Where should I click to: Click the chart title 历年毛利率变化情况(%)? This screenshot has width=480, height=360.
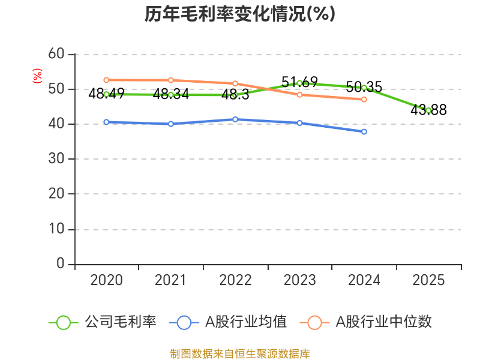pos(239,14)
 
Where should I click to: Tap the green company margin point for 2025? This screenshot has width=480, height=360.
pos(428,110)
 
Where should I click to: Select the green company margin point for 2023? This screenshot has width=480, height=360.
pos(299,83)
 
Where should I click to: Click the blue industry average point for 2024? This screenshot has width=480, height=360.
pos(364,131)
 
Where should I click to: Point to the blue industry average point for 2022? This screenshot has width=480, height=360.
pos(235,119)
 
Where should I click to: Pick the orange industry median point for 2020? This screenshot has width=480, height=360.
pos(106,80)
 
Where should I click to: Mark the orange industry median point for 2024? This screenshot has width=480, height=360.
pos(364,100)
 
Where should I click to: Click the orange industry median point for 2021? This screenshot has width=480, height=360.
pos(171,80)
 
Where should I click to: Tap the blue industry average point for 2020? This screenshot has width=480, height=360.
pos(106,122)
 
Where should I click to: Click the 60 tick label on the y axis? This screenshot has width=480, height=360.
pos(56,54)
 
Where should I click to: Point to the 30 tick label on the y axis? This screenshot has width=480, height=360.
pos(56,159)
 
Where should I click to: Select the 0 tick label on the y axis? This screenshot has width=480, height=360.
pos(60,264)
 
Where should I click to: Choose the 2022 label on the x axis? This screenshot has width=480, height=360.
pos(235,281)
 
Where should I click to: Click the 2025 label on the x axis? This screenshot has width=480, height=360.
pos(428,281)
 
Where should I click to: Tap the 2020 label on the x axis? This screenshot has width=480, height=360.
pos(106,281)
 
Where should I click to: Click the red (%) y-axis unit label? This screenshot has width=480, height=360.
pos(37,76)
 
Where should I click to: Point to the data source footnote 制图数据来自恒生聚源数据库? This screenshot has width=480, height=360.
pos(239,353)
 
